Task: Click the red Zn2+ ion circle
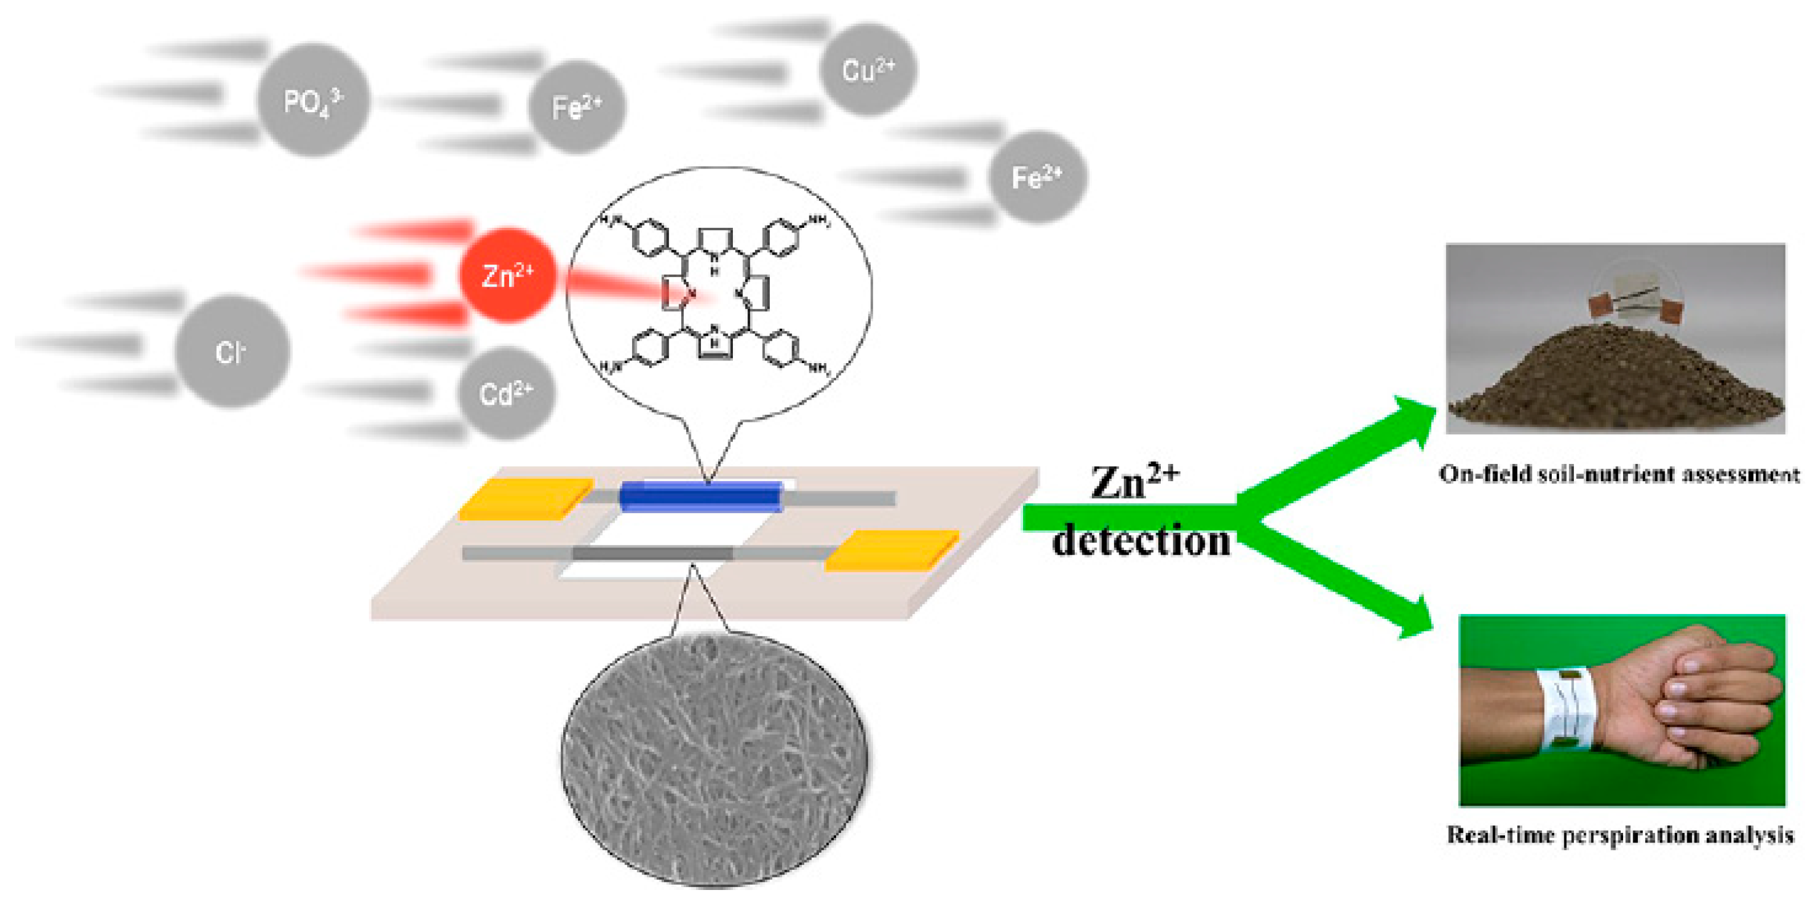pyautogui.click(x=507, y=275)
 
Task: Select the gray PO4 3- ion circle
pyautogui.click(x=313, y=100)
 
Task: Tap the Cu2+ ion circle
pyautogui.click(x=868, y=69)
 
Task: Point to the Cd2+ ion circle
pyautogui.click(x=506, y=393)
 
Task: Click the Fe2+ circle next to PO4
pyautogui.click(x=576, y=107)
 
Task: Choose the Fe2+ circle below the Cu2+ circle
pyautogui.click(x=1037, y=177)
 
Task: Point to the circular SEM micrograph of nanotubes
pyautogui.click(x=715, y=759)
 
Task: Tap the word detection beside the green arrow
pyautogui.click(x=1140, y=541)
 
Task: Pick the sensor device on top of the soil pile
pyautogui.click(x=1635, y=303)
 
